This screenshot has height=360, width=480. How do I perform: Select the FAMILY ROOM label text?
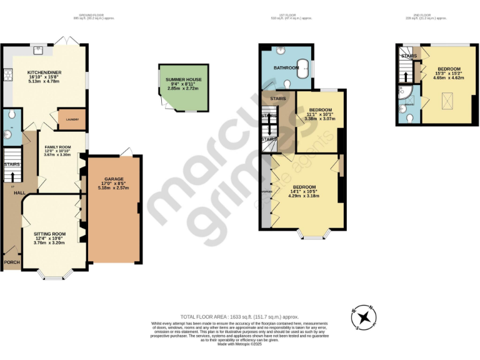(57, 146)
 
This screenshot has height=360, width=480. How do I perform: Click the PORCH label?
(11, 262)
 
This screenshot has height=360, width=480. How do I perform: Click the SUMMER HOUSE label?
(183, 80)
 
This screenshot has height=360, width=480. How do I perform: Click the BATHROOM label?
(286, 67)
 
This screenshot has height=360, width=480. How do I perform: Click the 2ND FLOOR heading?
(421, 14)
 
